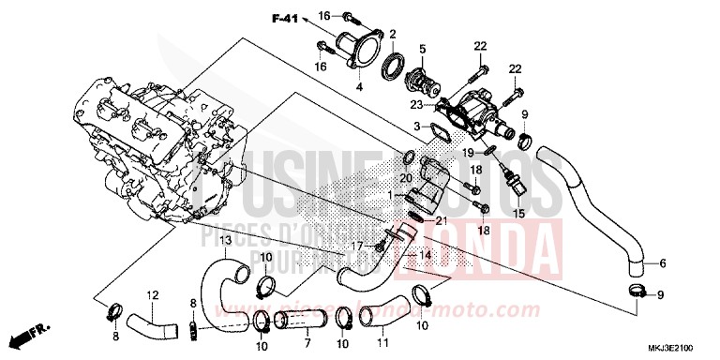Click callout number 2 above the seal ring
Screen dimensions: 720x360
392,33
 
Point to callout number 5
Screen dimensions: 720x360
423,48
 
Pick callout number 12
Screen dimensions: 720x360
152,294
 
